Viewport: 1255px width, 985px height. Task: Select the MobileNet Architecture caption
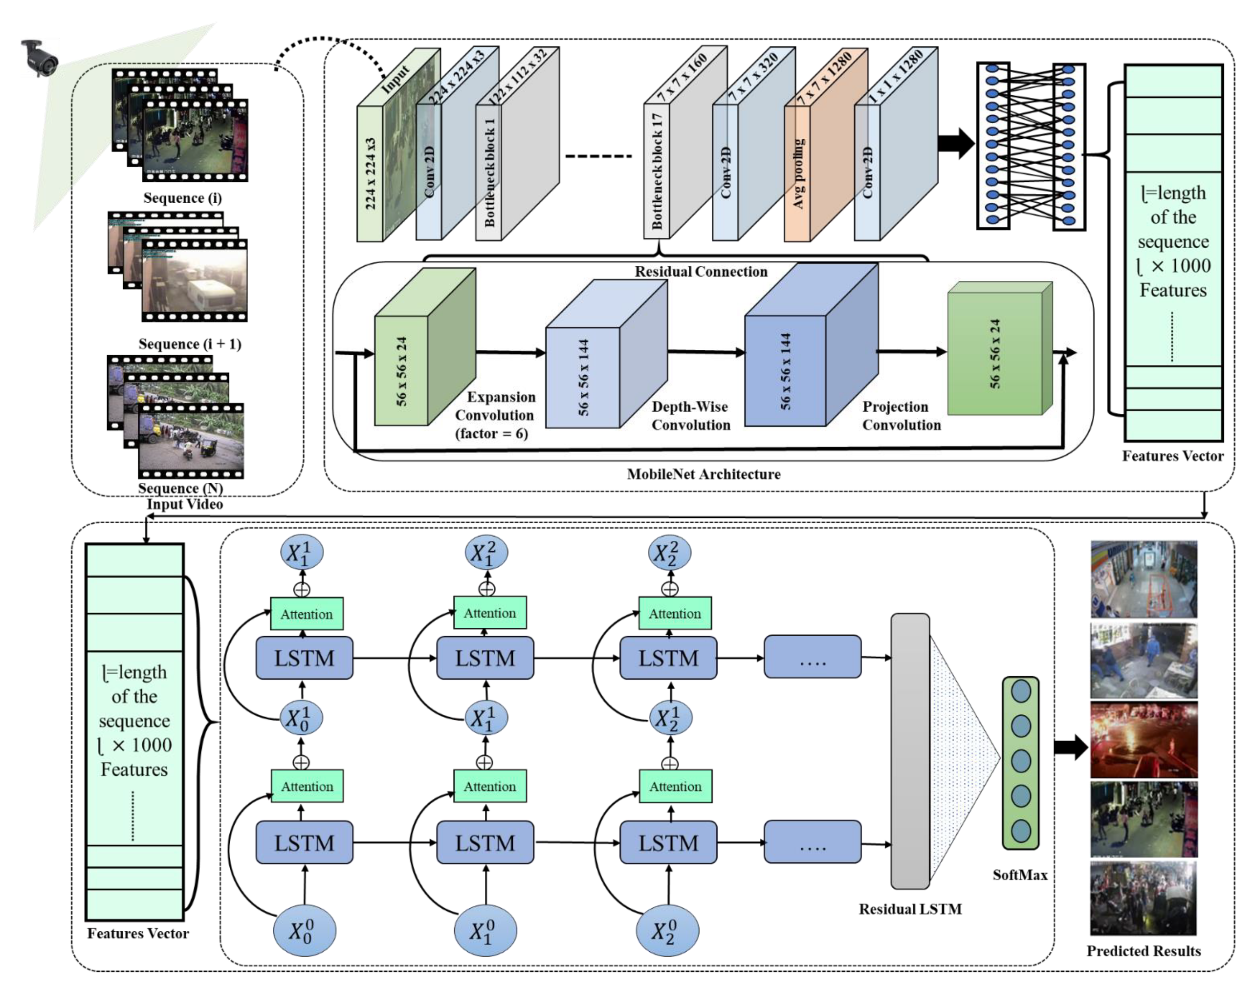tap(704, 474)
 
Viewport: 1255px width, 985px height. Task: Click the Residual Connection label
tap(701, 272)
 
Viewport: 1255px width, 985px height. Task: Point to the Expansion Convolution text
tap(496, 415)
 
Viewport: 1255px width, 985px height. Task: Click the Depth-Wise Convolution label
tap(691, 416)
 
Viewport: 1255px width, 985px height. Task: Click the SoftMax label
tap(1019, 875)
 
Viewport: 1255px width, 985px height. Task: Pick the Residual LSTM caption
tap(910, 909)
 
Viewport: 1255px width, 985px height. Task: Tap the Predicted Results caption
tap(1143, 951)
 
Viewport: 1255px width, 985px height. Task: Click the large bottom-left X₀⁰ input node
tap(304, 931)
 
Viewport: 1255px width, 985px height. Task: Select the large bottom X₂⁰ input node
tap(667, 931)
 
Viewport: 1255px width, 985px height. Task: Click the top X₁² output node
tap(486, 553)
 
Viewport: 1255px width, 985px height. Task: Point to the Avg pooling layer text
tap(798, 173)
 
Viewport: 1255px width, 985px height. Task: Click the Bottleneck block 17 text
tap(657, 171)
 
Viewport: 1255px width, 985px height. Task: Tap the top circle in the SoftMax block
tap(1021, 691)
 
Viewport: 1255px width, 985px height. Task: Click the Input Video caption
tap(185, 505)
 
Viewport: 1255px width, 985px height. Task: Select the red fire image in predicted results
tap(1144, 739)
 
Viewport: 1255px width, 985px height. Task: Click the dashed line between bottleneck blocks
tap(598, 156)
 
